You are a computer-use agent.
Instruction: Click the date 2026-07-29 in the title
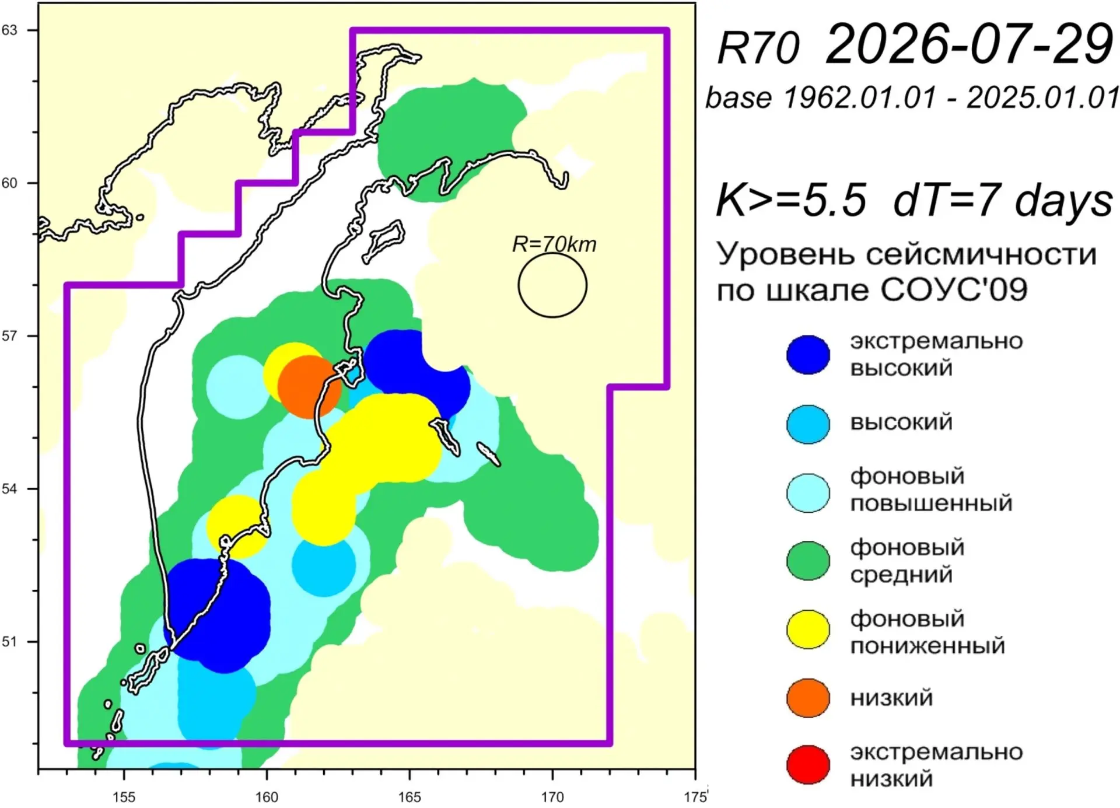(969, 44)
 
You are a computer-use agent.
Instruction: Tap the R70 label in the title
(758, 47)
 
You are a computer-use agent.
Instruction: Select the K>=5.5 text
(791, 200)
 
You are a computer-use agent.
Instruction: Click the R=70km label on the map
(554, 244)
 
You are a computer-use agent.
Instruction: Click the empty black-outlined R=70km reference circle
(519, 285)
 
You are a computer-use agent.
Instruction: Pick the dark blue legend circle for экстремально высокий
(808, 355)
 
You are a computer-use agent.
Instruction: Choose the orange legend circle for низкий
(808, 698)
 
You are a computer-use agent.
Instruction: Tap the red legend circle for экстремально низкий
(808, 765)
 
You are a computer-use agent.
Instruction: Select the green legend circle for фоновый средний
(808, 561)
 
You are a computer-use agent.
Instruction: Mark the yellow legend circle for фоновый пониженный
(808, 629)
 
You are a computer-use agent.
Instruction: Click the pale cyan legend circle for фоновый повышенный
(808, 492)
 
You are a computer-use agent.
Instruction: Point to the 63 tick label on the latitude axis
(9, 30)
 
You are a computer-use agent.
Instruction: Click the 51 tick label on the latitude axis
(9, 642)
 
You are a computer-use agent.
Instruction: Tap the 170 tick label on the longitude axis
(552, 797)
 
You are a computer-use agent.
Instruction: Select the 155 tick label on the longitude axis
(124, 797)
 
